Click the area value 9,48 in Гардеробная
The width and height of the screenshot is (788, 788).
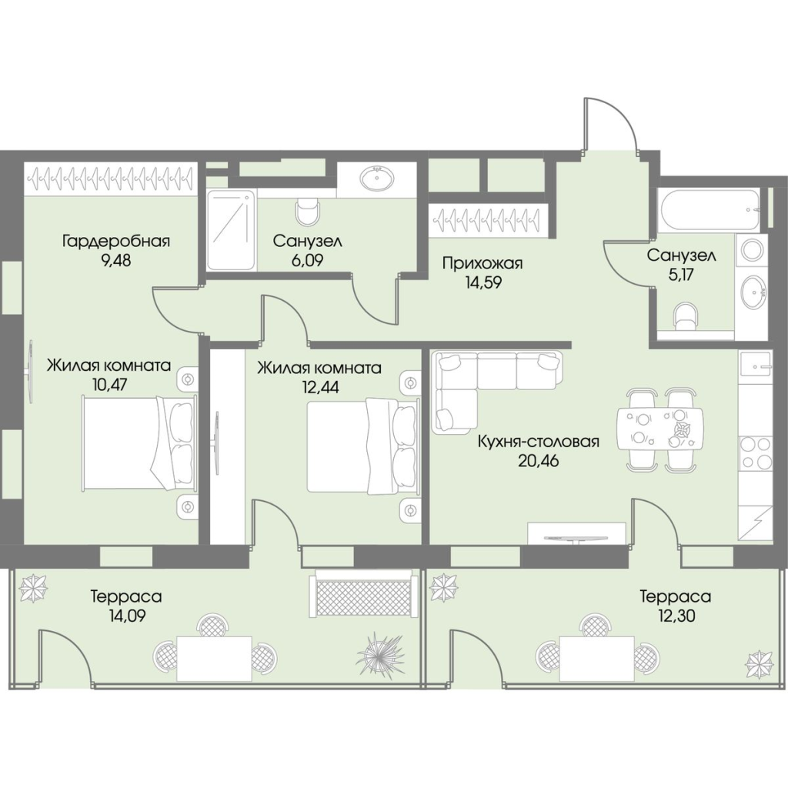116,261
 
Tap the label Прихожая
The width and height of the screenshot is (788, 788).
482,263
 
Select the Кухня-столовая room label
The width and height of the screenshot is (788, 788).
538,442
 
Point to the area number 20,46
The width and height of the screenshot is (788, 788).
538,460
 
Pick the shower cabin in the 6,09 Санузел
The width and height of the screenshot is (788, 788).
231,230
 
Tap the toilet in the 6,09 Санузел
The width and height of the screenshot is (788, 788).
308,212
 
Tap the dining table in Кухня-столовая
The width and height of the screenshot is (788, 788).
659,429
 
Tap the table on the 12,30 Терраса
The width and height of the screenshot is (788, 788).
597,658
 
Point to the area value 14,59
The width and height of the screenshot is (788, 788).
483,282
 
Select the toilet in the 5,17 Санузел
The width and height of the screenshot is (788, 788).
686,318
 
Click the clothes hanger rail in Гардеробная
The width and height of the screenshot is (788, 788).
110,178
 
